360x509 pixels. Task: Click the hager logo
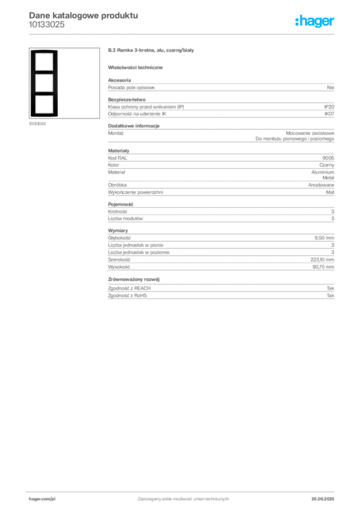coord(315,21)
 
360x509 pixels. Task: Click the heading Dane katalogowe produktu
coord(84,15)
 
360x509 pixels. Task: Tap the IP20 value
coord(329,107)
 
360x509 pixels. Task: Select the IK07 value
coord(329,114)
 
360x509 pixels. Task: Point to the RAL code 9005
coord(328,158)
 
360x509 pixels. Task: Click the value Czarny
coord(327,165)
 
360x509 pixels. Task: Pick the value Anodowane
coord(321,185)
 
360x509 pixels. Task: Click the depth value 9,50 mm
coord(324,238)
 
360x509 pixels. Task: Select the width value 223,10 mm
coord(322,259)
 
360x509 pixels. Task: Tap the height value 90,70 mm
coord(323,267)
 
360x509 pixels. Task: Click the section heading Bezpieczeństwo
coord(127,99)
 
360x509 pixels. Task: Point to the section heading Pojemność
coord(120,204)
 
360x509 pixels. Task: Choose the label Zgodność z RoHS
coord(127,296)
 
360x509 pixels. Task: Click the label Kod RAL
coord(117,158)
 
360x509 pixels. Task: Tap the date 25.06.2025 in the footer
coord(323,499)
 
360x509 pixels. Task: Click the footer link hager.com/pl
coord(42,499)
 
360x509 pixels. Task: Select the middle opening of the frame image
coord(44,83)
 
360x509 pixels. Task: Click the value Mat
coord(330,192)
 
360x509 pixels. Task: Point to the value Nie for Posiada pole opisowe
coord(331,87)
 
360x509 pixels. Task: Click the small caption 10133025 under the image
coord(37,124)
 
